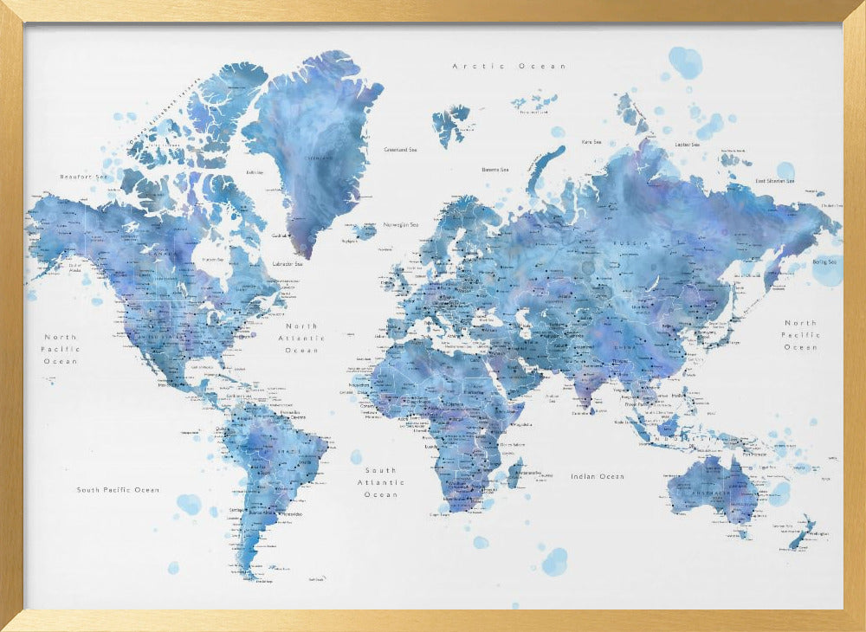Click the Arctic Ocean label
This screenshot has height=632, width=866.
tap(509, 66)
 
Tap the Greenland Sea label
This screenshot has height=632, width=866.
tap(400, 150)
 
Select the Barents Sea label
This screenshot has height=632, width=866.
tap(494, 170)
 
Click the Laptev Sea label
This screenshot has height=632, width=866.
tap(687, 145)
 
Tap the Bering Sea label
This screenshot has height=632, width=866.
tap(824, 262)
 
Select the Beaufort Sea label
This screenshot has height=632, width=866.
tap(82, 177)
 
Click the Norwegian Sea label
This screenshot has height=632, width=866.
tap(401, 224)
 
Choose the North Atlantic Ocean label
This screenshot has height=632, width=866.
tap(301, 339)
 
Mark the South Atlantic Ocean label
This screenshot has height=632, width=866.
tap(381, 482)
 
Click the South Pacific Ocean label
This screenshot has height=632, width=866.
tap(118, 490)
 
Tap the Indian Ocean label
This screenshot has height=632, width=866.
tap(597, 476)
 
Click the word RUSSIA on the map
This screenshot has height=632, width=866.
tap(630, 244)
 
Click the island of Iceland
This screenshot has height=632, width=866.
tap(364, 232)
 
